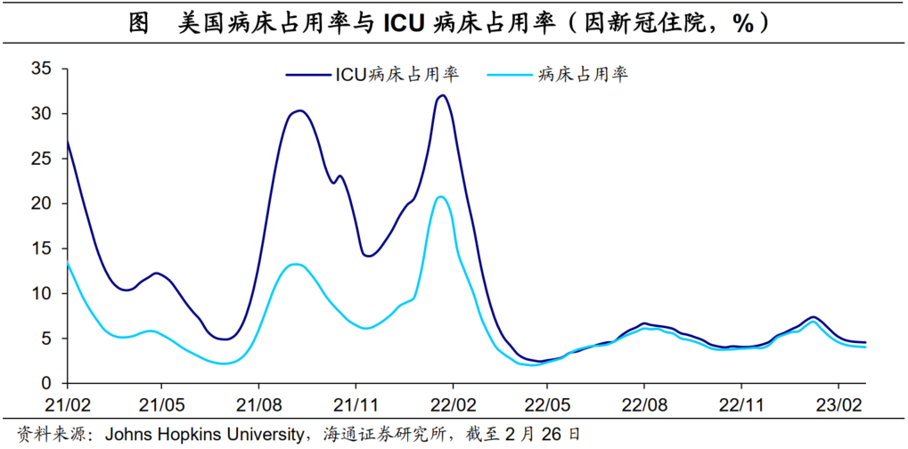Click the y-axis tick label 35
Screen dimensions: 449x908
click(x=41, y=69)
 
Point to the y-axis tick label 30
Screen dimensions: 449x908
click(x=41, y=114)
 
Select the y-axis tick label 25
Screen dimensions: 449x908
click(x=41, y=159)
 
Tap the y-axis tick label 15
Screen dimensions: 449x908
click(x=41, y=249)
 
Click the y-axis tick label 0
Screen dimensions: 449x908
click(x=46, y=383)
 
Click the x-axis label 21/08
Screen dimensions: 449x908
click(x=258, y=404)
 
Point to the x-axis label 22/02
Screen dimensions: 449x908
click(x=453, y=404)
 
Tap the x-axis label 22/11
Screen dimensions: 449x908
click(x=742, y=404)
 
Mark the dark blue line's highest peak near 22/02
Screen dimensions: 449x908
click(x=442, y=95)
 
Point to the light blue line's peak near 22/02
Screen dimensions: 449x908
click(x=440, y=197)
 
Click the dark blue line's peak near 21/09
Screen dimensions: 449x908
click(x=299, y=111)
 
